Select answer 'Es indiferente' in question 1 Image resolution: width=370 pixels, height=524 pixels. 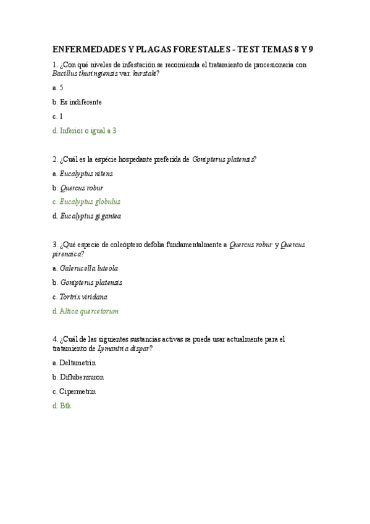(81, 102)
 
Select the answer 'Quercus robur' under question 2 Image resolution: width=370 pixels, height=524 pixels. (82, 188)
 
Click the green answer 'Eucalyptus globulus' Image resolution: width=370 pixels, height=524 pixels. (90, 201)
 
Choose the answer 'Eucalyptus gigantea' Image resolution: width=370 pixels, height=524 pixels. (90, 216)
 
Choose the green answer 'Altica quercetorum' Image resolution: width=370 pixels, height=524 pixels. (89, 311)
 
